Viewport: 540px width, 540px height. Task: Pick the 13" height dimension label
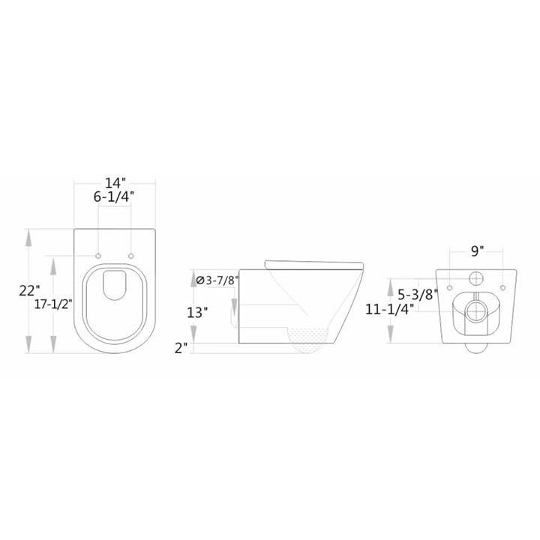(x=197, y=313)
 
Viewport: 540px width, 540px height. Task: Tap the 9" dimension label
(x=477, y=250)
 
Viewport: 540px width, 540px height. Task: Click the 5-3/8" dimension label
(x=418, y=295)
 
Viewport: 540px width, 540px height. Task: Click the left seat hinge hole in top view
(x=98, y=256)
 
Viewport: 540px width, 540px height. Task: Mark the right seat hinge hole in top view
(x=131, y=256)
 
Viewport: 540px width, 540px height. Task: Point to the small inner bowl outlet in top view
(x=115, y=284)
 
